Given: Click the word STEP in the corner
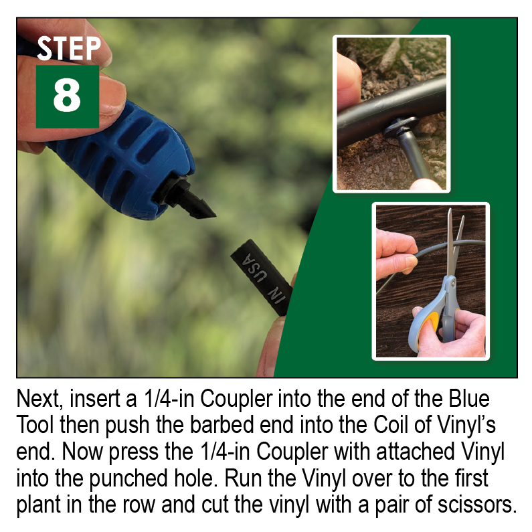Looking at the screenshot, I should tap(68, 49).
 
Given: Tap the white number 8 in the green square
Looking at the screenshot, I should tap(67, 96).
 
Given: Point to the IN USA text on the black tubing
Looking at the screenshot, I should tap(260, 274).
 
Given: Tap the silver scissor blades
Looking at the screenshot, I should tap(454, 241).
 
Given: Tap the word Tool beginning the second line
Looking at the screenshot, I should tap(35, 426).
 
